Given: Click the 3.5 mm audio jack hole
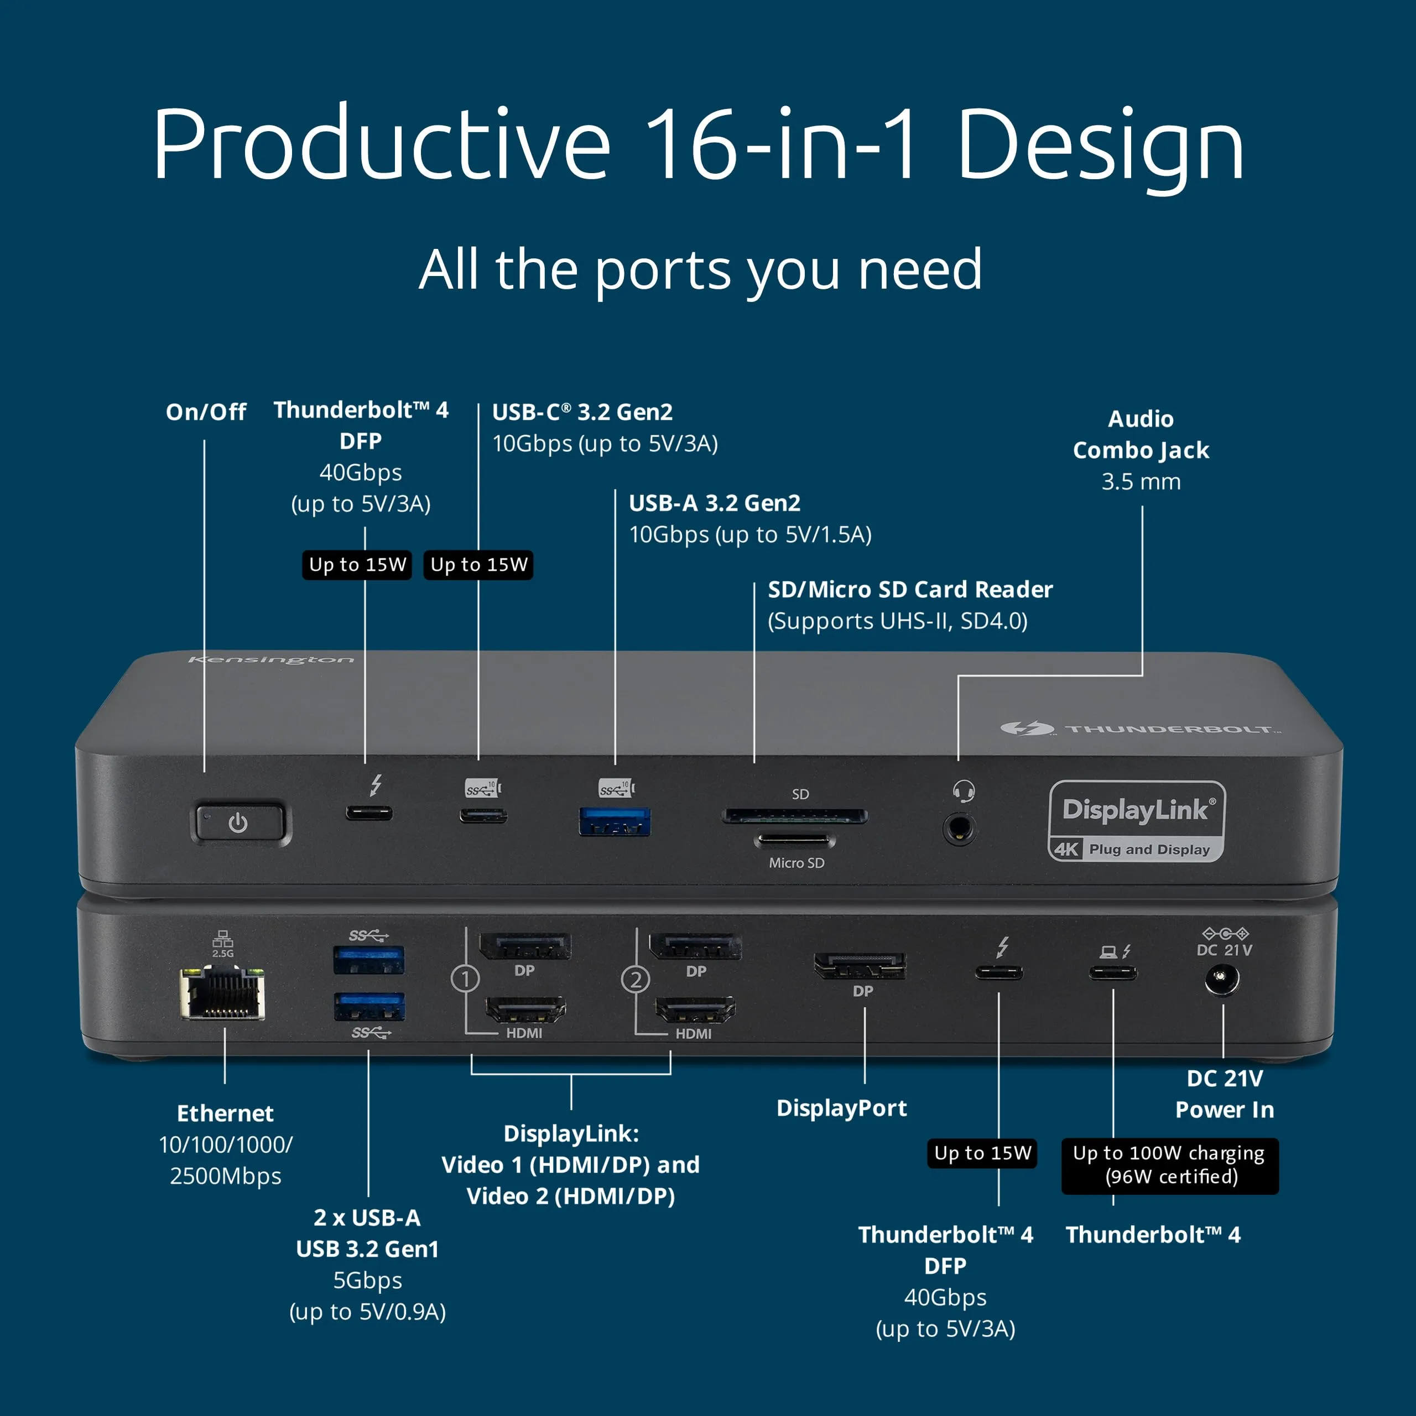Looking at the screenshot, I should [x=959, y=830].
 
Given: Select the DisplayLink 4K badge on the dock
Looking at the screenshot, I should [x=1136, y=821].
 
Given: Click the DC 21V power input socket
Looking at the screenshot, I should [x=1222, y=979].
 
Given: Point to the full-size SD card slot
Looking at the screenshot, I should [x=794, y=816].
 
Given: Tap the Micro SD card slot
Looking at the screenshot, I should [x=793, y=840].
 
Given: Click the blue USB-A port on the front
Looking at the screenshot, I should [x=614, y=821].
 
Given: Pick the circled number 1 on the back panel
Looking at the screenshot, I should [x=465, y=978].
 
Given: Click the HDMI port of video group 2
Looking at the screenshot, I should [x=695, y=1010].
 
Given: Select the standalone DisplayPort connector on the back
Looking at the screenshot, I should [x=860, y=966].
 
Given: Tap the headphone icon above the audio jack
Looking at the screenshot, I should [x=963, y=791].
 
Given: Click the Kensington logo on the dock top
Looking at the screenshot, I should [x=271, y=660].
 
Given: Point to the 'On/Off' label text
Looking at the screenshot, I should [x=206, y=412].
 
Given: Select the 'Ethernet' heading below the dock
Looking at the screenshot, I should [x=225, y=1113].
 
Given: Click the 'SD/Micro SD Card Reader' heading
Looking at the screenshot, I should [x=909, y=589].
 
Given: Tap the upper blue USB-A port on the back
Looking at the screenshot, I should [x=369, y=959].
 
